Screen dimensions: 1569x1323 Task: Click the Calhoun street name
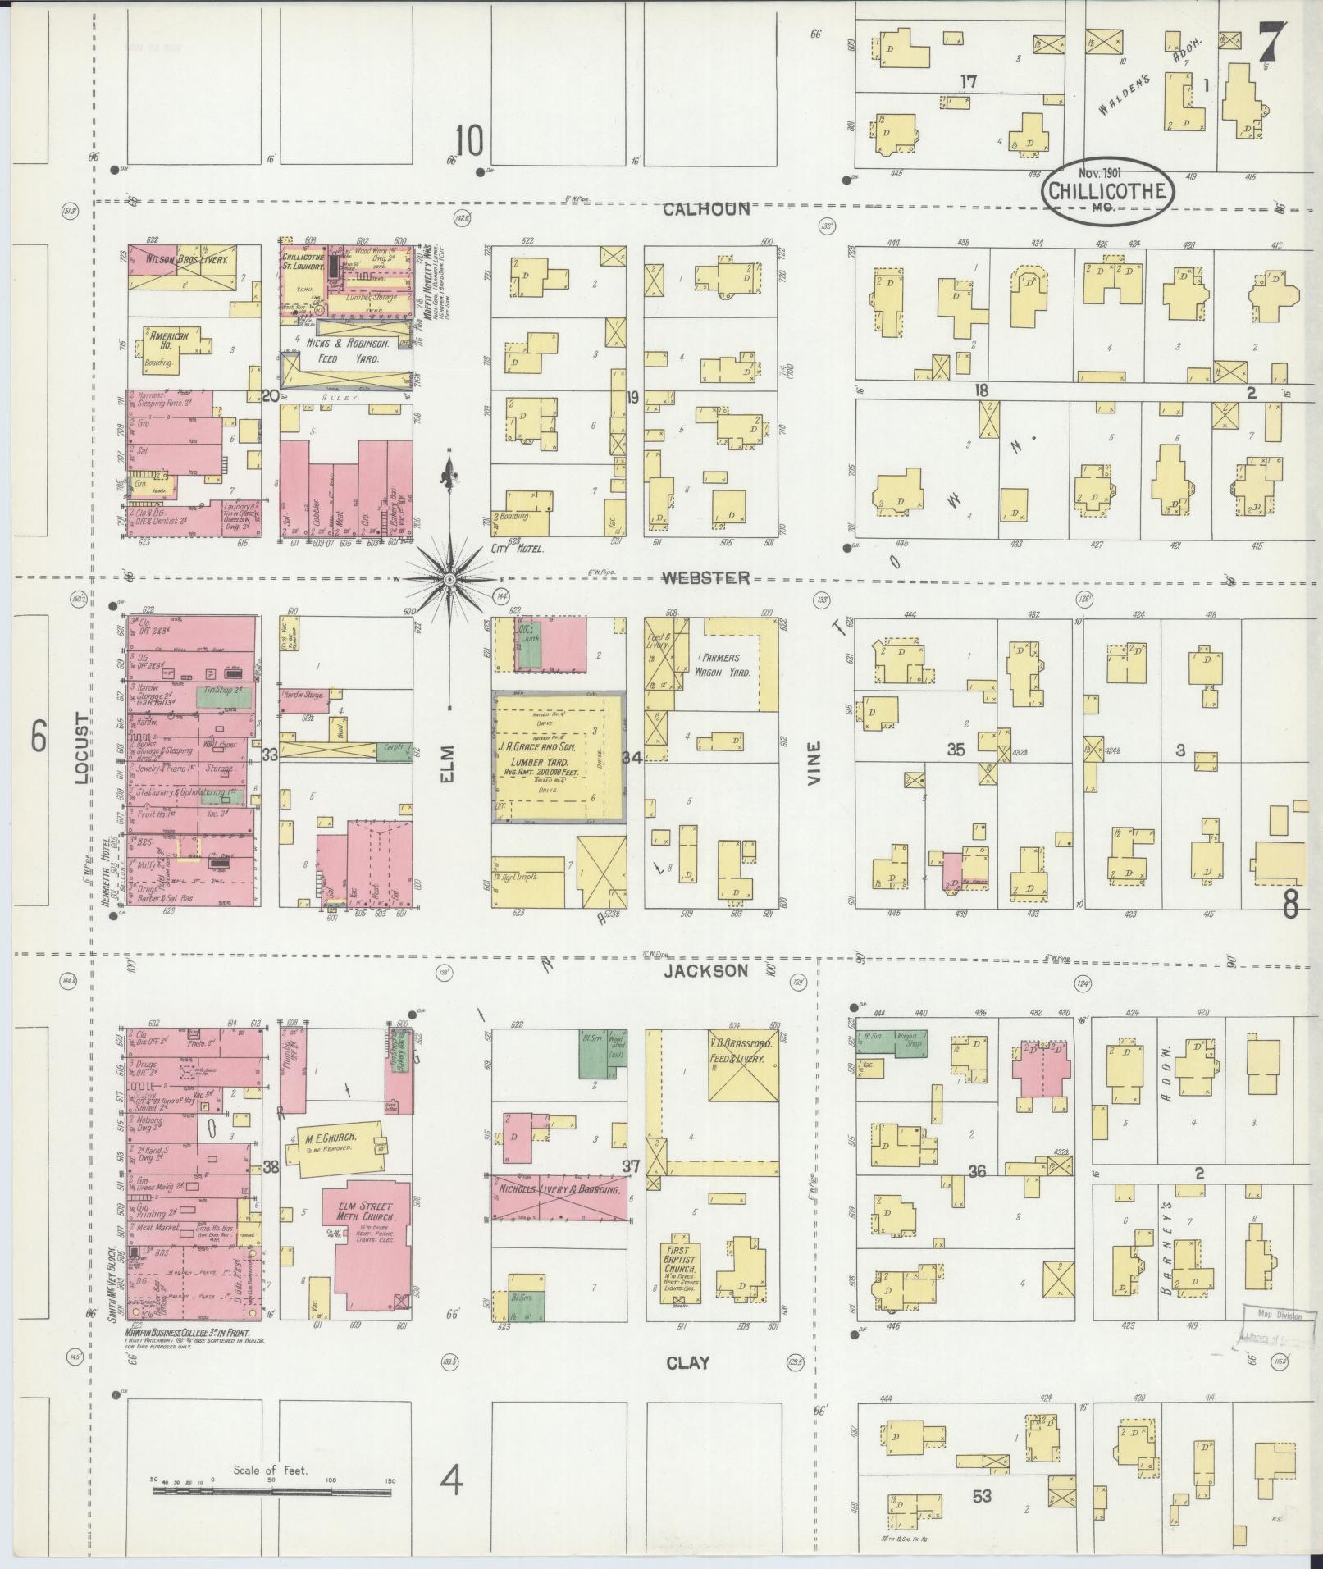click(x=706, y=209)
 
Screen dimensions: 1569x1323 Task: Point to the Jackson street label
click(x=706, y=971)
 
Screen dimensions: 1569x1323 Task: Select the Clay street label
click(x=687, y=1363)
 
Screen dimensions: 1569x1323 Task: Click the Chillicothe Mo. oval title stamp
click(x=1108, y=191)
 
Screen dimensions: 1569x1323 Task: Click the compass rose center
click(x=449, y=579)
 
